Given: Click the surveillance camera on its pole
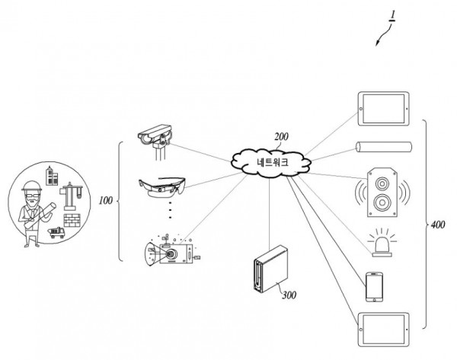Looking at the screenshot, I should [x=157, y=138].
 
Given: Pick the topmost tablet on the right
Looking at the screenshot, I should [x=385, y=108].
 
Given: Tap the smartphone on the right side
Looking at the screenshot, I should [x=374, y=287].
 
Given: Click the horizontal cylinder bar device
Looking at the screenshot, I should [x=384, y=147].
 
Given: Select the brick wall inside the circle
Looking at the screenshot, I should [x=72, y=221].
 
